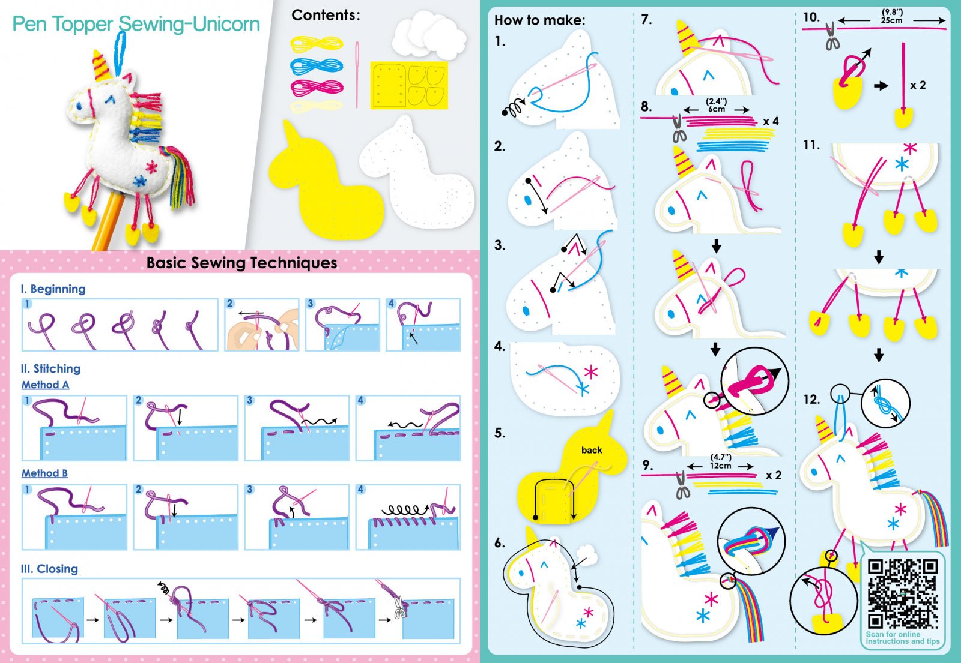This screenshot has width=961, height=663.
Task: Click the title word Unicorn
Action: pyautogui.click(x=226, y=25)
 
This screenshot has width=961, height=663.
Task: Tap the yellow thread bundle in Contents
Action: pyautogui.click(x=316, y=43)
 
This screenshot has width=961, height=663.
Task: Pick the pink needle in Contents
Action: pyautogui.click(x=357, y=74)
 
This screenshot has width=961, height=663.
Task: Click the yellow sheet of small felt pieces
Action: pyautogui.click(x=408, y=85)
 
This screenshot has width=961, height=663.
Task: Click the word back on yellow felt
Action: pyautogui.click(x=591, y=450)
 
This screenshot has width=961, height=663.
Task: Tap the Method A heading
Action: pyautogui.click(x=45, y=385)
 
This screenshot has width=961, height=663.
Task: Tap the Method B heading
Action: pyautogui.click(x=44, y=473)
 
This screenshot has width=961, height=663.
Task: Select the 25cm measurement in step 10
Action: pyautogui.click(x=891, y=20)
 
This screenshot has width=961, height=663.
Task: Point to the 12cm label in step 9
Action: pyautogui.click(x=721, y=465)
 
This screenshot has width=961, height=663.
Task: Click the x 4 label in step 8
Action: pyautogui.click(x=771, y=121)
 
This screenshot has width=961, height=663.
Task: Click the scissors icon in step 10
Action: pyautogui.click(x=831, y=36)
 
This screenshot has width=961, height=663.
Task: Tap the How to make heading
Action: pyautogui.click(x=539, y=20)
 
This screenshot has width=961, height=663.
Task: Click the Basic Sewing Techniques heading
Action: pyautogui.click(x=241, y=262)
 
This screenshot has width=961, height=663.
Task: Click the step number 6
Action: pyautogui.click(x=499, y=543)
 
